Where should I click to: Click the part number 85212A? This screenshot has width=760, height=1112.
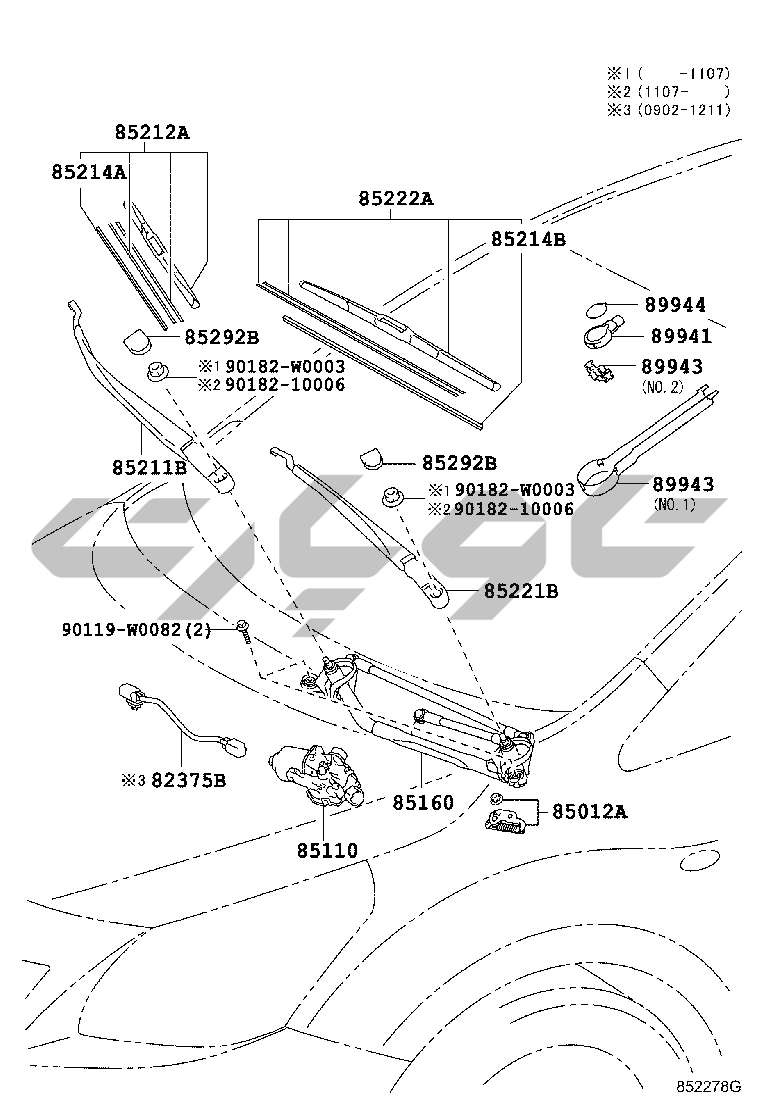151,132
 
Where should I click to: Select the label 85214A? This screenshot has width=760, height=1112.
89,172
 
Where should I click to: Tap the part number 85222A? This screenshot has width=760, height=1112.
396,199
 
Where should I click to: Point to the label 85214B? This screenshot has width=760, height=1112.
528,240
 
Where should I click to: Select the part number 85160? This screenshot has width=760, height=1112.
422,802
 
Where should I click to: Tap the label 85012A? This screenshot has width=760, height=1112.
590,812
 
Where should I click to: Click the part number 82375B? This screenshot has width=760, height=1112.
188,779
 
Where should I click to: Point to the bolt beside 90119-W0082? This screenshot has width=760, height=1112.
243,630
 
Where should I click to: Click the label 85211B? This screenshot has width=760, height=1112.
149,466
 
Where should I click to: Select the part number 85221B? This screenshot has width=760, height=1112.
521,592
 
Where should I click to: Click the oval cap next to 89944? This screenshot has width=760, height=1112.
596,307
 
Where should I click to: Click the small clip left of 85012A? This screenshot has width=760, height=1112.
495,799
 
